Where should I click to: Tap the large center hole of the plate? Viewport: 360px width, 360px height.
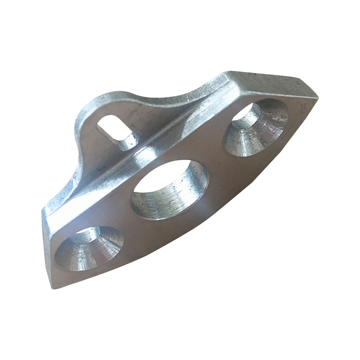(x=170, y=189)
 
